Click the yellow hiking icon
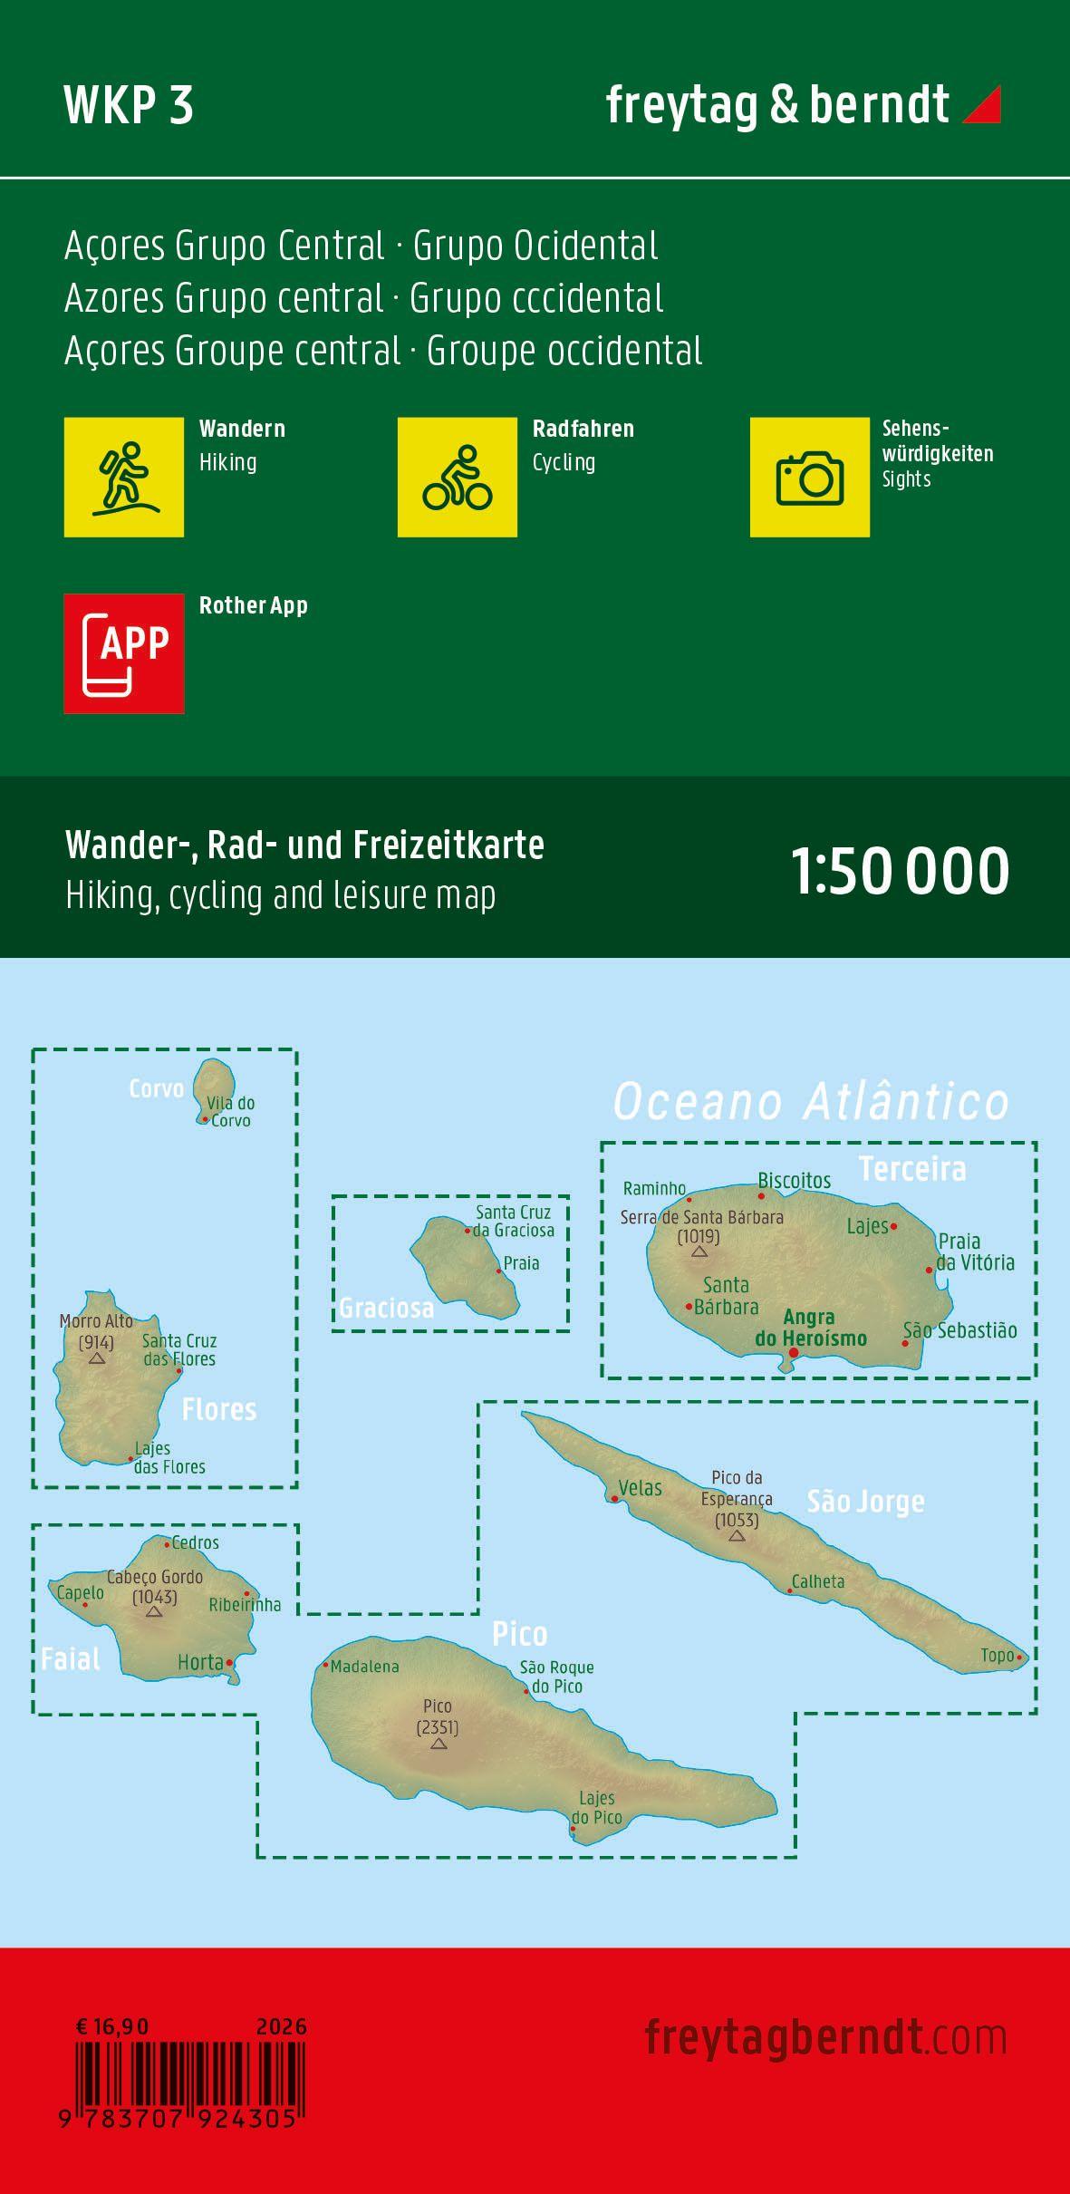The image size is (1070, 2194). [124, 477]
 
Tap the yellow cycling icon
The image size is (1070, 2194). [458, 477]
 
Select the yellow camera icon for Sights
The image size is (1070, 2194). [809, 477]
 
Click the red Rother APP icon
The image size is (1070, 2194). [124, 653]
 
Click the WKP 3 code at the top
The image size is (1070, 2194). [129, 106]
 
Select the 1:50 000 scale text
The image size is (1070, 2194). [901, 871]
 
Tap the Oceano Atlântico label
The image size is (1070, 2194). [811, 1102]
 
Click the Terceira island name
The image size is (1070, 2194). [912, 1169]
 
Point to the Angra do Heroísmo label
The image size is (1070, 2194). [811, 1328]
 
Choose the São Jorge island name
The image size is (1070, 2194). [865, 1502]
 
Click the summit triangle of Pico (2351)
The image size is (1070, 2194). [439, 1744]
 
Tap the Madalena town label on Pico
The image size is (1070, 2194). [364, 1667]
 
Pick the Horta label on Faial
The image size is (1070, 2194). [200, 1662]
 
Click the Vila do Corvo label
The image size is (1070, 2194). [230, 1112]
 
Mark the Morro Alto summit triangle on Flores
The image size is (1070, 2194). [97, 1358]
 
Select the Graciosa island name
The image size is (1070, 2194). [387, 1308]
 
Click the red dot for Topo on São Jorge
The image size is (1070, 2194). [1020, 1658]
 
